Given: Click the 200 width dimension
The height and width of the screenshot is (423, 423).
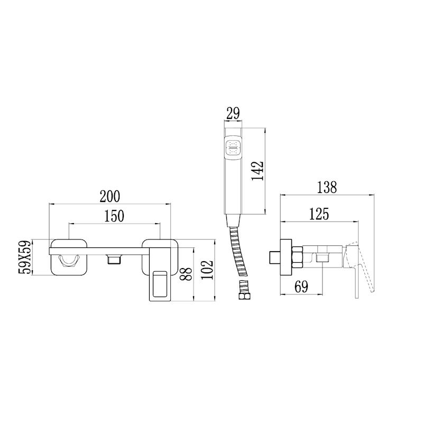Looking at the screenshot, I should coord(110,196).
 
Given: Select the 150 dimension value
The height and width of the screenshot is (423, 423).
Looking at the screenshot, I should coord(114,216).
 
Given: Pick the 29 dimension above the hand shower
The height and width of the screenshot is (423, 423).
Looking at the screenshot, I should coord(233,114).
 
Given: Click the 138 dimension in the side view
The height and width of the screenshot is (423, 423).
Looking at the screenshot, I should coord(327,187).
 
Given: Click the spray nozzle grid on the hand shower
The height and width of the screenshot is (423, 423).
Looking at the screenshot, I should coord(233,148).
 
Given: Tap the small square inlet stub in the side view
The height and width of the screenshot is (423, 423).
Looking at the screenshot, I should coord(274,258).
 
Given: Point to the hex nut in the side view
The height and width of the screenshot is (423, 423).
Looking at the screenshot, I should coord(296,257).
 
